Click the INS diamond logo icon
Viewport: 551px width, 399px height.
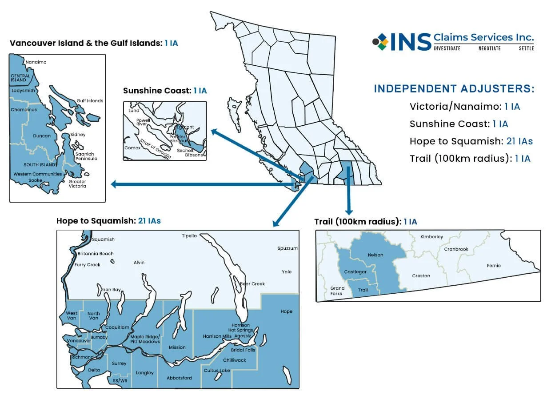[380, 41]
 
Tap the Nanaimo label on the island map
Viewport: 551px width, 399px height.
[36, 62]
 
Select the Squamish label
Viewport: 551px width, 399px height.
[103, 239]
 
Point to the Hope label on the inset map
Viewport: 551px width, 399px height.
[286, 311]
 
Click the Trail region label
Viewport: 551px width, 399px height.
[363, 290]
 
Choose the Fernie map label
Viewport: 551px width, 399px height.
[494, 266]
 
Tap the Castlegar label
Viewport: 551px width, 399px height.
[355, 271]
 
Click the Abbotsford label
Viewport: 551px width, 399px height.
[179, 378]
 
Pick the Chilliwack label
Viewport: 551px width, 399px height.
[235, 360]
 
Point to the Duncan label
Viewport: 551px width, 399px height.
[42, 136]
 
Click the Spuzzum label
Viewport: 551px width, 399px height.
[287, 248]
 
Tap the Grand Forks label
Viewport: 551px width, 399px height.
[337, 291]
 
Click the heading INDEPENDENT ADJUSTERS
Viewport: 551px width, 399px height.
[454, 88]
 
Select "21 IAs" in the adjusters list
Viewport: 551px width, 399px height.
[519, 141]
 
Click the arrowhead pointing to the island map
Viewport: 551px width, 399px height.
[114, 184]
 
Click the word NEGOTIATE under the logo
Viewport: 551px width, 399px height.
[489, 48]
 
